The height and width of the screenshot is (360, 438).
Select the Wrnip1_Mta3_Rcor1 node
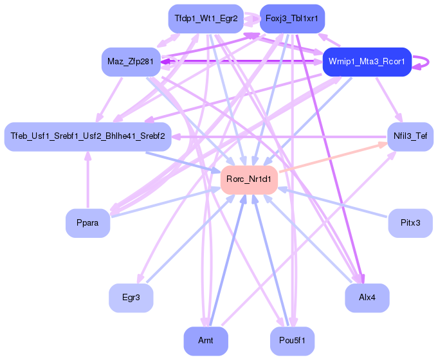367,62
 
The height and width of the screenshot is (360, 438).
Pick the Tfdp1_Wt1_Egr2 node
206,19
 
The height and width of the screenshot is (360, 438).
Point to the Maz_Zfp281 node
131,62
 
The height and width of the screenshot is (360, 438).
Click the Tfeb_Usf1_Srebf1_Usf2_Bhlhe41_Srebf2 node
87,136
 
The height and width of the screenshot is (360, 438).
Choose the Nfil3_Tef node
410,136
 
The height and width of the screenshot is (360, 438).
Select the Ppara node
87,223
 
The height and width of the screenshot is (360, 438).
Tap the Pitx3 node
410,223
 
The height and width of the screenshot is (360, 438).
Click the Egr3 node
131,298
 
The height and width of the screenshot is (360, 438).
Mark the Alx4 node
367,298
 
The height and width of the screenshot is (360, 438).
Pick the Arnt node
206,341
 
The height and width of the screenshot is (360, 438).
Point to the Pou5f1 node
292,341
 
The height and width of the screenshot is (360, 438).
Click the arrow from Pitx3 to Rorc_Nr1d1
334,203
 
